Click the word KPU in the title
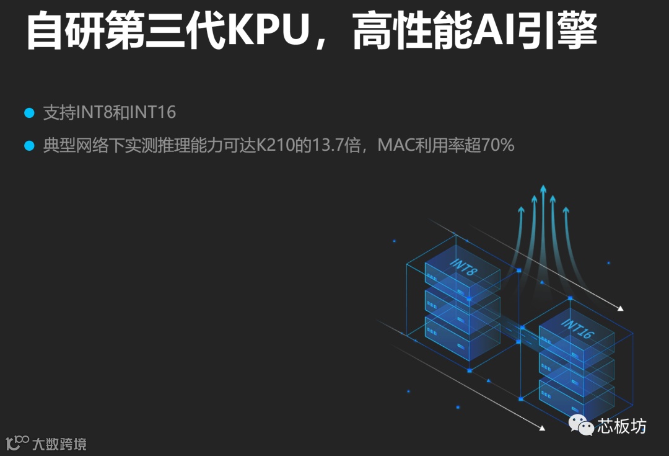(268, 31)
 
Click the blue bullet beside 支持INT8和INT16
(28, 113)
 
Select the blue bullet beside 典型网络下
(28, 146)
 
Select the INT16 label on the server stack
(577, 328)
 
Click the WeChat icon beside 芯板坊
(581, 426)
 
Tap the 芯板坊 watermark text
(621, 426)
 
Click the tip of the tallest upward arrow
(543, 187)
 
